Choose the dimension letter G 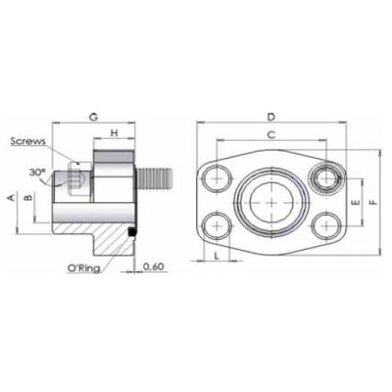(x=93, y=117)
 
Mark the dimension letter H (x=114, y=132)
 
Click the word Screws (x=28, y=141)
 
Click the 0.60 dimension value (x=153, y=268)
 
